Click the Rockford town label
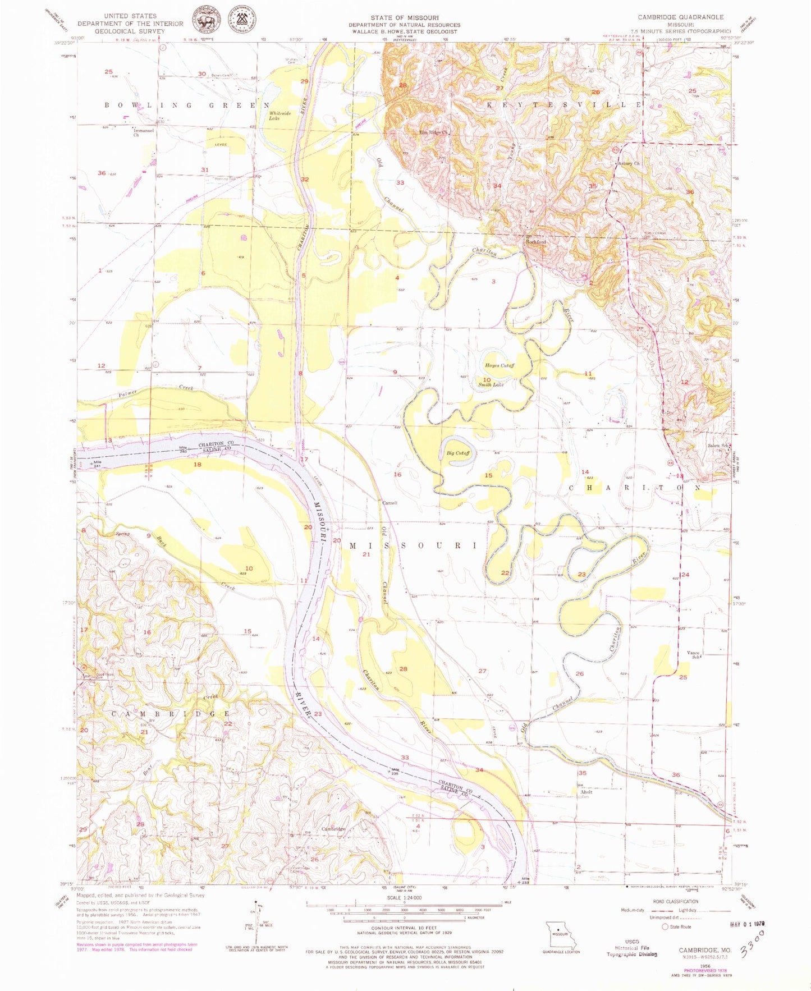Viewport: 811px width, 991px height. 535,242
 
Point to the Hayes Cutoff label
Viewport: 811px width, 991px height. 500,365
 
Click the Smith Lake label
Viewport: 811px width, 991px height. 491,385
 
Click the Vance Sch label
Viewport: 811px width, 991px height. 694,654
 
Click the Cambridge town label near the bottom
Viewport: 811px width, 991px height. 333,828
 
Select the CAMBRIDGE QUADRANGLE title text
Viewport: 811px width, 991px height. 680,17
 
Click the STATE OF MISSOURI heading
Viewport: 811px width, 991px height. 404,18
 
